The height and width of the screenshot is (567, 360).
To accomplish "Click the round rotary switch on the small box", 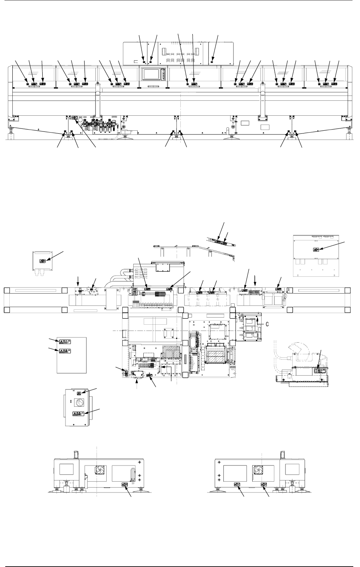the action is (x=79, y=403).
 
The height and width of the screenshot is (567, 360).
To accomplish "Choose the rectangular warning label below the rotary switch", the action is (x=79, y=414).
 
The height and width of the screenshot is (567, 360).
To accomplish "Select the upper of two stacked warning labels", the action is (x=63, y=342).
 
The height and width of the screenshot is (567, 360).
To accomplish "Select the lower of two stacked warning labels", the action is (x=63, y=351).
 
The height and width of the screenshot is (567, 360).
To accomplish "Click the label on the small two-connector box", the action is (x=43, y=261).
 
